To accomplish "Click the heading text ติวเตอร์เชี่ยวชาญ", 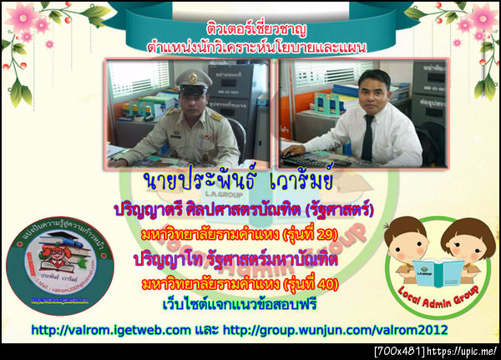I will point(250,28).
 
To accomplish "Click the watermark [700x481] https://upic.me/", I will point(436,352).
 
